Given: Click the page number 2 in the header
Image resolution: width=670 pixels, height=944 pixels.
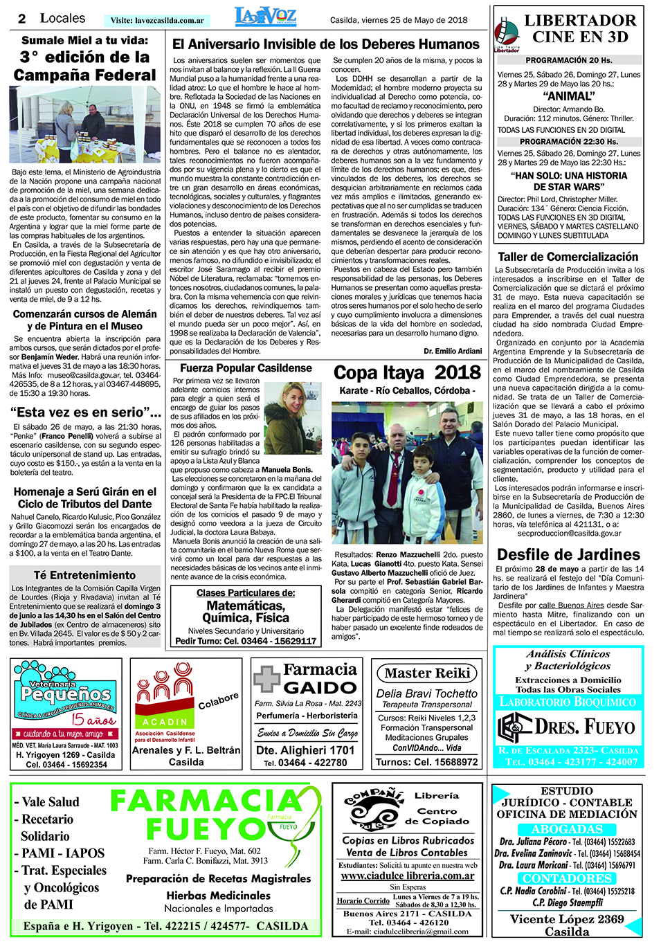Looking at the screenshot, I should point(22,19).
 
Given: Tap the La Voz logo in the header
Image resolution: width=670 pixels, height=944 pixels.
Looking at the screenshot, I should point(266,17).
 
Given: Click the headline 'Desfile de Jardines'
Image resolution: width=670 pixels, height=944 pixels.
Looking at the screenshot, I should point(568,554).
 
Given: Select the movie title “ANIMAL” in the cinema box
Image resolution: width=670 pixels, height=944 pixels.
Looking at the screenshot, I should point(569,96).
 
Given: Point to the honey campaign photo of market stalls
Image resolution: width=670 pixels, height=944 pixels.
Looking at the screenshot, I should point(84,125).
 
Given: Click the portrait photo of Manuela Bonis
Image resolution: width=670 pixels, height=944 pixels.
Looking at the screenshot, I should point(293,418).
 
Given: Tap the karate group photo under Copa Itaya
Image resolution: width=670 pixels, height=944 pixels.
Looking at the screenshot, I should point(407,473).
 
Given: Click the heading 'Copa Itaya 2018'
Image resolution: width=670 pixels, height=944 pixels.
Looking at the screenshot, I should point(407,373).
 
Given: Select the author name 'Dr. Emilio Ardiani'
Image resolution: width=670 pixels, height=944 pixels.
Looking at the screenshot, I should point(453,351).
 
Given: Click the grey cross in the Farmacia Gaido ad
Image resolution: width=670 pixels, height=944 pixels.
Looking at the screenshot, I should point(266,678).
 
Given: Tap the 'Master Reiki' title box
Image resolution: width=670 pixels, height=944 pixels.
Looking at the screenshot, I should point(427,673).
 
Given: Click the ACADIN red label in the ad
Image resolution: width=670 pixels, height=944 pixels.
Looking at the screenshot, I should point(165,722).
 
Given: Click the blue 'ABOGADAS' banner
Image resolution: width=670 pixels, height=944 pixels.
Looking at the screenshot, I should point(567,829).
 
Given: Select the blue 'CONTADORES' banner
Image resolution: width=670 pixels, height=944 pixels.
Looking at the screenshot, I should point(567,878).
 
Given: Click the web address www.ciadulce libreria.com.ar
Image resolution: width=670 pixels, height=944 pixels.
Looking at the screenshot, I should point(407,875).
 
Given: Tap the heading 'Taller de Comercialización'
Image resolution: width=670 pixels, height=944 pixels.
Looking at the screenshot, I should point(568,257).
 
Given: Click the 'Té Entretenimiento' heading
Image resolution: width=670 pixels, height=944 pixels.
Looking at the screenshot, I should point(84,575).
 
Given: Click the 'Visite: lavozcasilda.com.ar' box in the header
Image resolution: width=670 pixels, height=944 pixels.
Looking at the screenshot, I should point(158,21).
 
